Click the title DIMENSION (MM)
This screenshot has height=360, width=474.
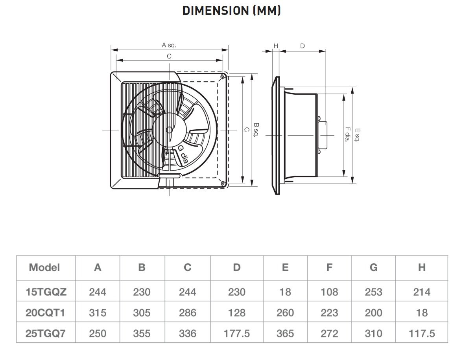[x=232, y=11]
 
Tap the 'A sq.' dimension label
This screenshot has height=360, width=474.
[x=169, y=45]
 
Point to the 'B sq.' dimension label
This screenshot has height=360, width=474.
[x=256, y=130]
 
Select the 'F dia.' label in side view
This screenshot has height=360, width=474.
[x=347, y=134]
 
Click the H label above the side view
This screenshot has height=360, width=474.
[x=276, y=46]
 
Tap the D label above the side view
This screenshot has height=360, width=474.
[x=302, y=46]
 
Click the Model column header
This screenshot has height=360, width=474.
[x=44, y=268]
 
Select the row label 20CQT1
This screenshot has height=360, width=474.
[x=45, y=313]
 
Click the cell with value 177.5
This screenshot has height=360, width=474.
[x=236, y=334]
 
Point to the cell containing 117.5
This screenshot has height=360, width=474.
[x=422, y=334]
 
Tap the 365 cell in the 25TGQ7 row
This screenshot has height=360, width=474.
[x=285, y=334]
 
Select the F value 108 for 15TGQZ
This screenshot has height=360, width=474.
[x=329, y=292]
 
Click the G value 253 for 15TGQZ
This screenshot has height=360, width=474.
[x=373, y=292]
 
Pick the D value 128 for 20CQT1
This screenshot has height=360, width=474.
[x=236, y=313]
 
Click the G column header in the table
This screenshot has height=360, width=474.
[x=373, y=268]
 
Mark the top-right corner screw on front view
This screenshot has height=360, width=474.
[x=223, y=76]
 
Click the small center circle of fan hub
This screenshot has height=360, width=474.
[x=169, y=129]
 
